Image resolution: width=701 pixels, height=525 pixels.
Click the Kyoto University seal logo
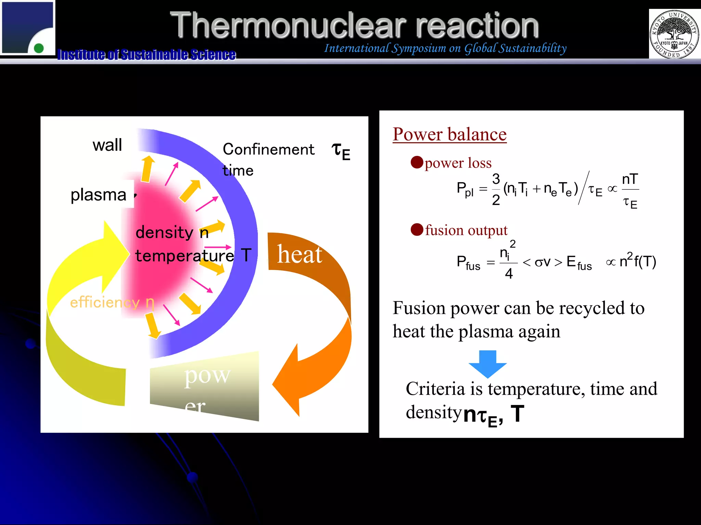[674, 34]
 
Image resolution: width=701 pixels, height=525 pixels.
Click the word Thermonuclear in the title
[288, 25]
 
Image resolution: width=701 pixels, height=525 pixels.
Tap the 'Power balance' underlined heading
[449, 134]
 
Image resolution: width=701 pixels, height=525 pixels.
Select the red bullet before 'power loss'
[417, 162]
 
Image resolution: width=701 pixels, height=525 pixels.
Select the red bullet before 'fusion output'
[417, 230]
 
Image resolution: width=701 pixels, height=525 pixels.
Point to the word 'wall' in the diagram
[107, 145]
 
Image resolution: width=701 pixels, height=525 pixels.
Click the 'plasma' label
[99, 195]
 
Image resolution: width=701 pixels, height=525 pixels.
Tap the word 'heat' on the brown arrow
[299, 254]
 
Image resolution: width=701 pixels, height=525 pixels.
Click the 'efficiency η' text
[112, 302]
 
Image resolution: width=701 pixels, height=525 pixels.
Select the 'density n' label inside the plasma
[172, 233]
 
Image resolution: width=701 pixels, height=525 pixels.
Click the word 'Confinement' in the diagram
[268, 149]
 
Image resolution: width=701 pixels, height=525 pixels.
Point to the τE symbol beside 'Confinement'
[341, 151]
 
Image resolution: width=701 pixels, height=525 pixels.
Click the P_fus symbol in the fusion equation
[468, 263]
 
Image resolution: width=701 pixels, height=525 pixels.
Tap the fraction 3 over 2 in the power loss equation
[496, 189]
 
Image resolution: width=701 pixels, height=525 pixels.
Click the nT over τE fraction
[630, 191]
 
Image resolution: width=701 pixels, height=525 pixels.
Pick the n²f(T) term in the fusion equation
[637, 261]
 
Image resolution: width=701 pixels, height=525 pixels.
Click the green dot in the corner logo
[39, 48]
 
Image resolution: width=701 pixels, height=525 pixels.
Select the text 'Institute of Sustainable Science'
[146, 54]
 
